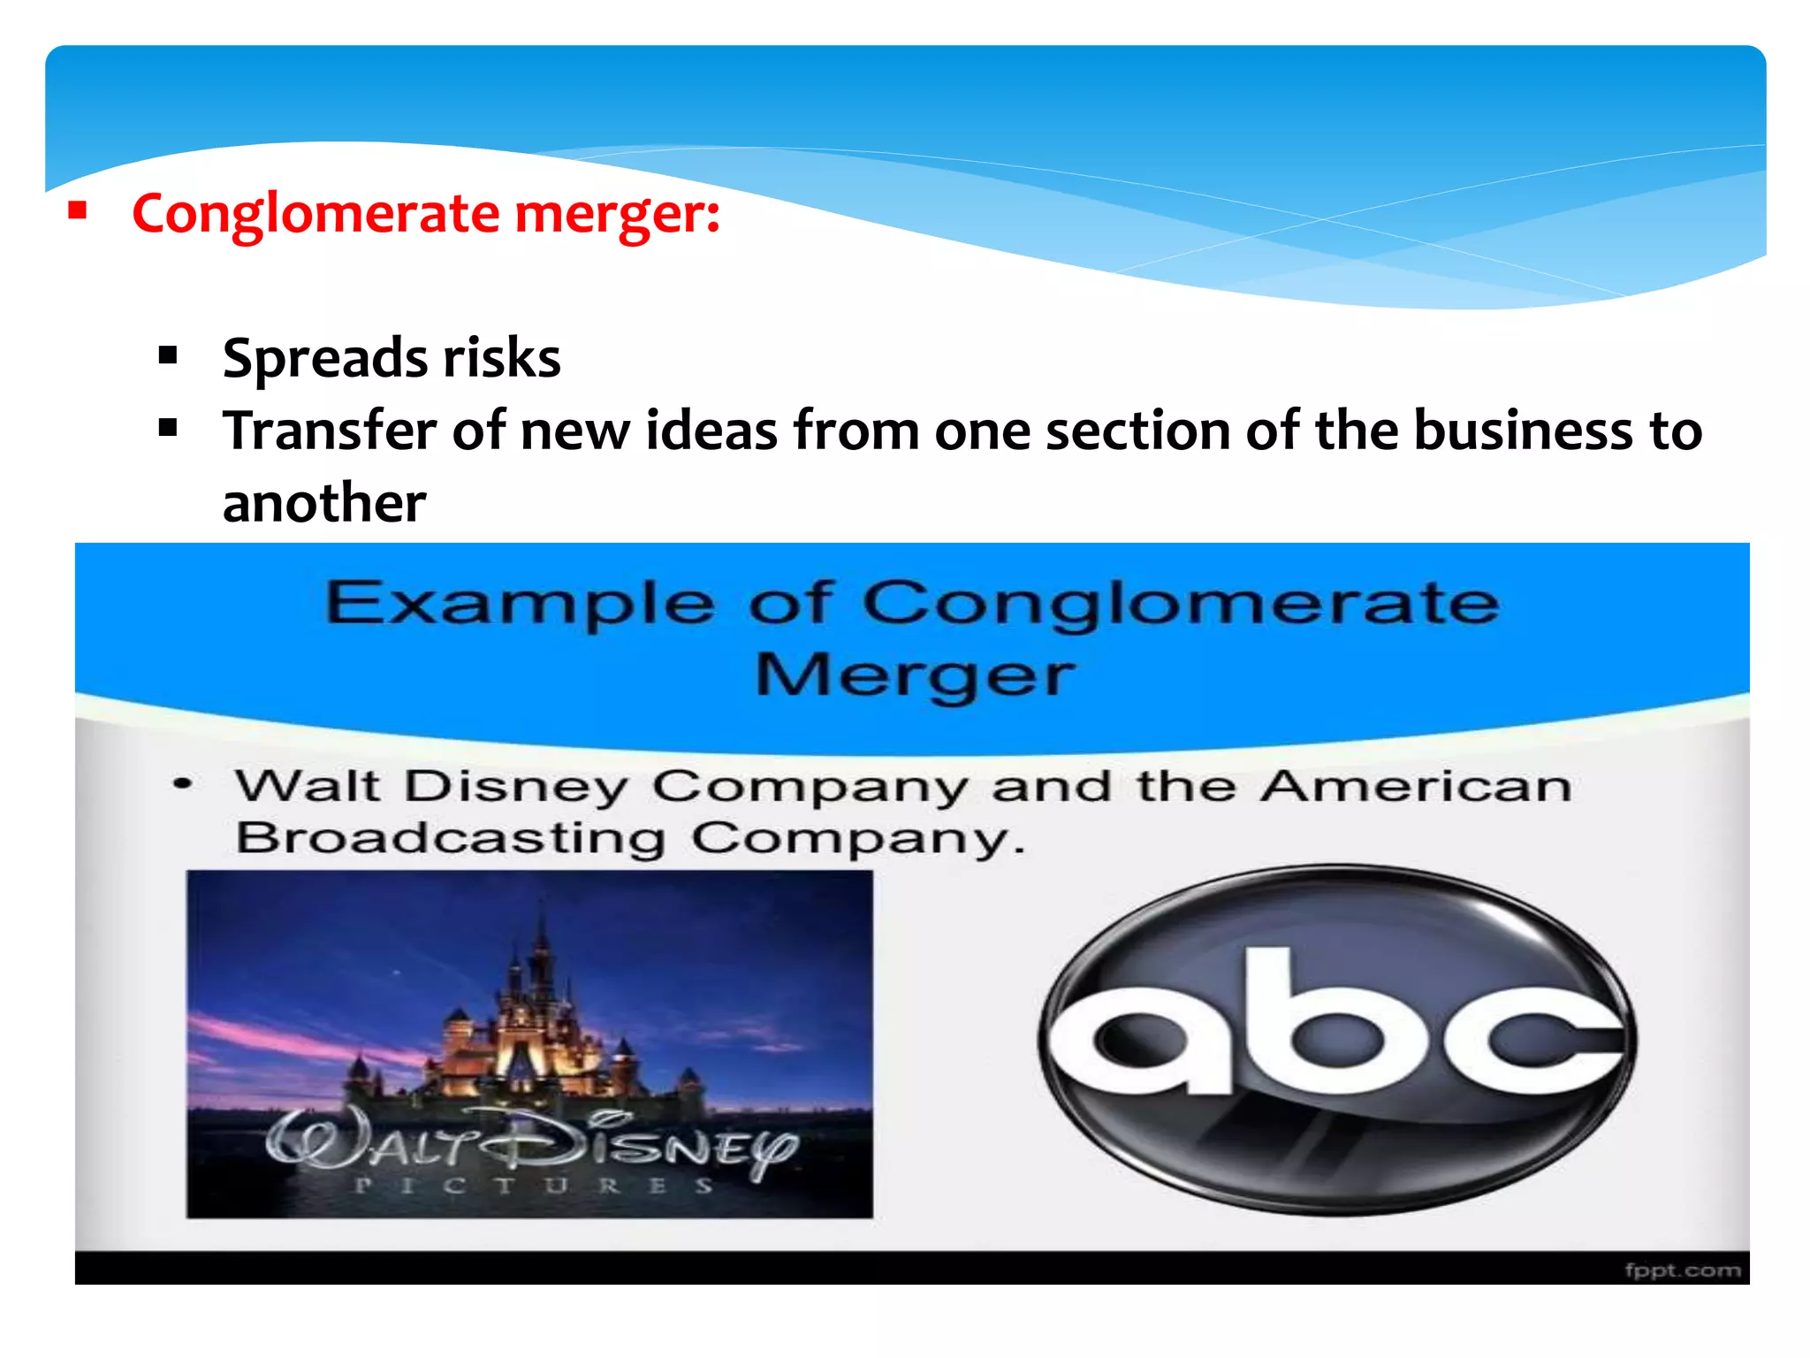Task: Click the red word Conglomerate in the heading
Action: tap(316, 215)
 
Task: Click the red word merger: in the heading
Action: tap(617, 215)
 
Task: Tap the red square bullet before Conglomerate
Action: tap(78, 211)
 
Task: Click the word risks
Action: tap(501, 357)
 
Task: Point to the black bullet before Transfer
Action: tap(168, 429)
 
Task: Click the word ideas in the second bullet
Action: tap(711, 431)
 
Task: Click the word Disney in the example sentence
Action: tap(516, 787)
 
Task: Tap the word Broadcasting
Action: tap(451, 837)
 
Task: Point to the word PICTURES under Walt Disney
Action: tap(533, 1186)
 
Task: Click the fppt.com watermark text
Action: tap(1682, 1270)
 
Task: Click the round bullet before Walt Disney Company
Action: tap(183, 783)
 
